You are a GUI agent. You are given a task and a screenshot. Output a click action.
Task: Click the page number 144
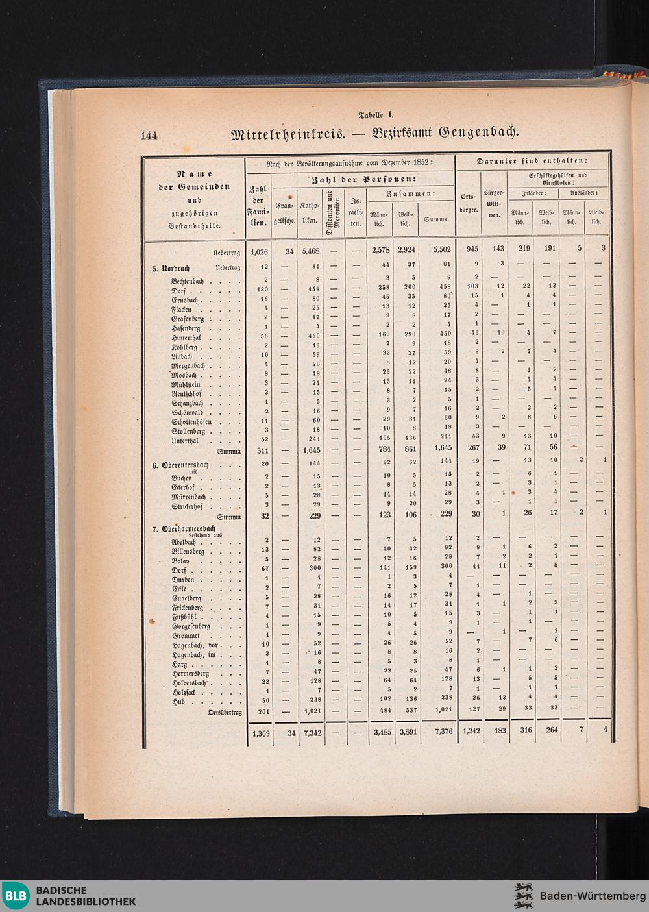[x=149, y=136]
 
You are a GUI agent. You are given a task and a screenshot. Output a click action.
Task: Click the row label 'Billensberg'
[x=188, y=551]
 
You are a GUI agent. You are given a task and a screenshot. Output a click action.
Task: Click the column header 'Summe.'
[x=436, y=219]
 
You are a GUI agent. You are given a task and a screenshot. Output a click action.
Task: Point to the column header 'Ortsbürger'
[x=468, y=203]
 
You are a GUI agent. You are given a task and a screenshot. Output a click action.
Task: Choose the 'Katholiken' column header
[x=310, y=213]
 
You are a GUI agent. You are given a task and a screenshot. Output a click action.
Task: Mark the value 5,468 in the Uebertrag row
[x=309, y=249]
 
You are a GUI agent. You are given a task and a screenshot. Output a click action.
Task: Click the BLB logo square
[x=16, y=896]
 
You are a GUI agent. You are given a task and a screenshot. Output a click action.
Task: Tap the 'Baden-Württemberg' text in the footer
[x=588, y=896]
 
